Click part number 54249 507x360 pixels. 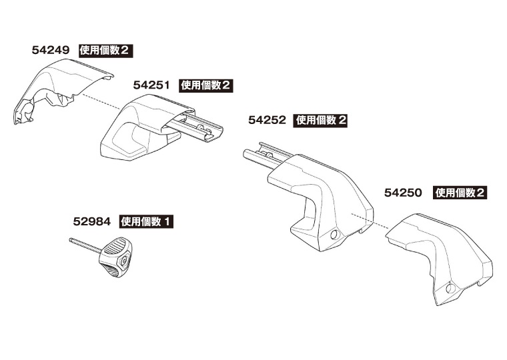(51, 50)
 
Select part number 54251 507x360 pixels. (153, 85)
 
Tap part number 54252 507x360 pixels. (267, 121)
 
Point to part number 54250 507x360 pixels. (404, 193)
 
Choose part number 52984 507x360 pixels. (92, 221)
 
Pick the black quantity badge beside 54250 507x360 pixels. (460, 193)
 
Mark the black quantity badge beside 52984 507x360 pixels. (146, 221)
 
